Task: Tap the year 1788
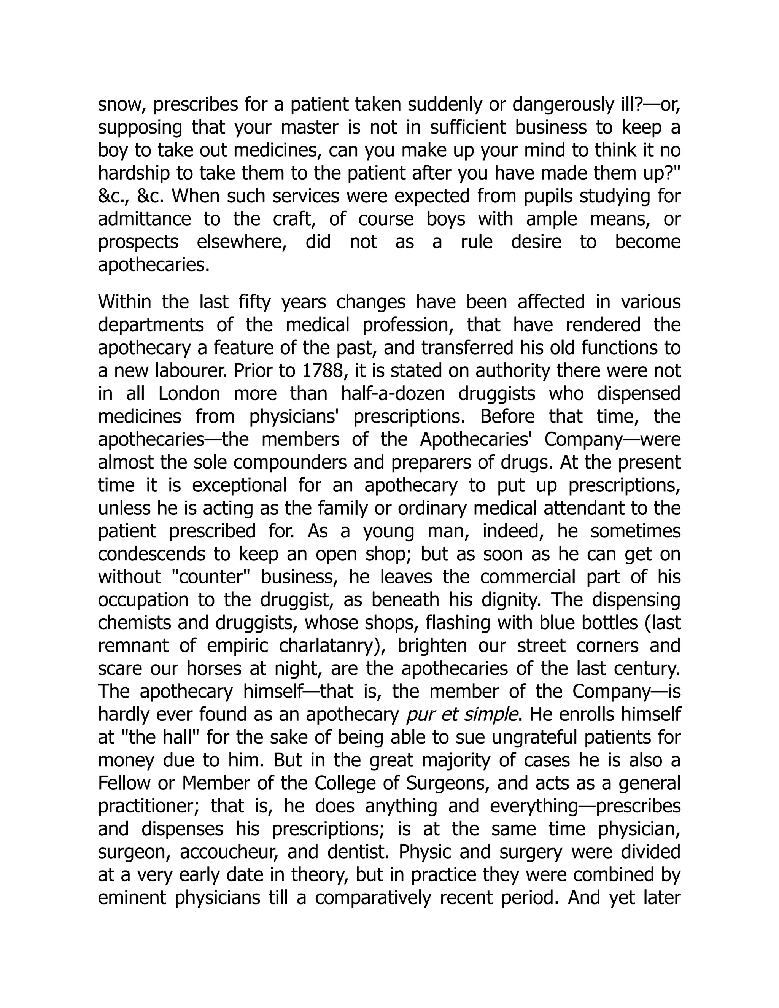tap(320, 370)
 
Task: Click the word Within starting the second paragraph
tap(125, 302)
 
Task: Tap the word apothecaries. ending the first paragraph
tap(154, 266)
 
